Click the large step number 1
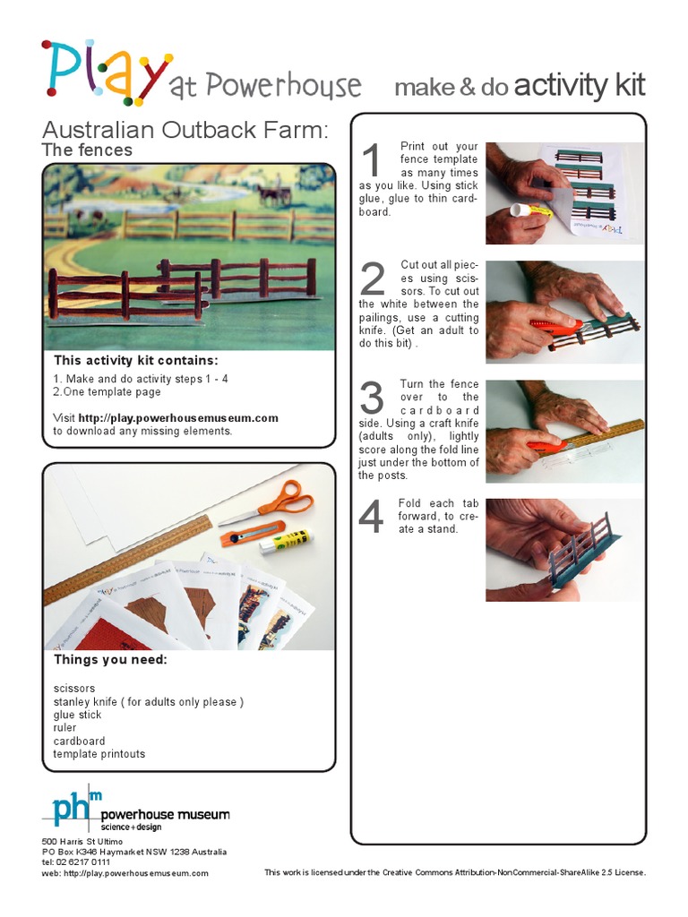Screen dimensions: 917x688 371,162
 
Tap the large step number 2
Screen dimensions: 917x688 371,280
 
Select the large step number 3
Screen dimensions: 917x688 371,399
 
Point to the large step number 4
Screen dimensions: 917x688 371,518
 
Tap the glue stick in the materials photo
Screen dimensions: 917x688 288,539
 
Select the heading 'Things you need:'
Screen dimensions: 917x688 110,660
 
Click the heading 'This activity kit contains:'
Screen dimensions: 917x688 135,361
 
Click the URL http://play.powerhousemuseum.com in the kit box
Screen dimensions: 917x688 178,417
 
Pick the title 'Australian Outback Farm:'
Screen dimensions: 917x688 185,129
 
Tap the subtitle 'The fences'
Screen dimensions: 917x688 87,150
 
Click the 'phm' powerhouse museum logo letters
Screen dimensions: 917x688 76,808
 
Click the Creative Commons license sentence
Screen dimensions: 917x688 455,872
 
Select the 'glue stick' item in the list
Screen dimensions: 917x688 77,715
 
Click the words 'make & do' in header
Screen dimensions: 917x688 451,87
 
